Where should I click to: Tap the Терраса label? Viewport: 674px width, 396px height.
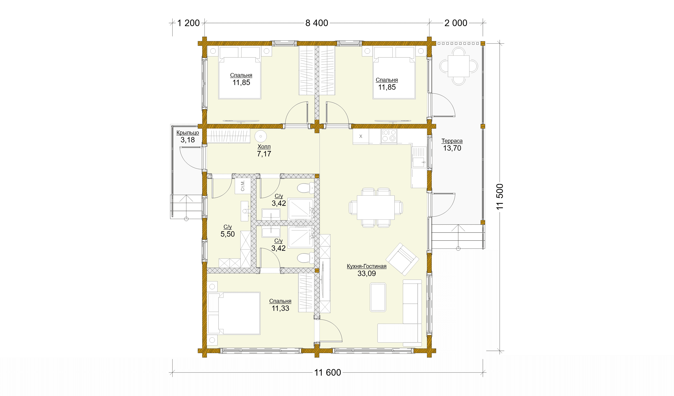click(452, 141)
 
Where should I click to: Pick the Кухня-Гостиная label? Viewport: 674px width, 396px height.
click(366, 266)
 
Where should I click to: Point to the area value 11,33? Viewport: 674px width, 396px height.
click(280, 308)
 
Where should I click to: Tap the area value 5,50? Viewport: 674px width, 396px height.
click(228, 234)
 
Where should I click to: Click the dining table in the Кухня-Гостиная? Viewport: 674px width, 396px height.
click(376, 208)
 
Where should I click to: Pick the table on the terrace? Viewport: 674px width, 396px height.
click(459, 66)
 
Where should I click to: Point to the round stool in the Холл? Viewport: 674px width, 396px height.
click(260, 136)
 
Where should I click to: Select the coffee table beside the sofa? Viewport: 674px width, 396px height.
click(378, 297)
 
